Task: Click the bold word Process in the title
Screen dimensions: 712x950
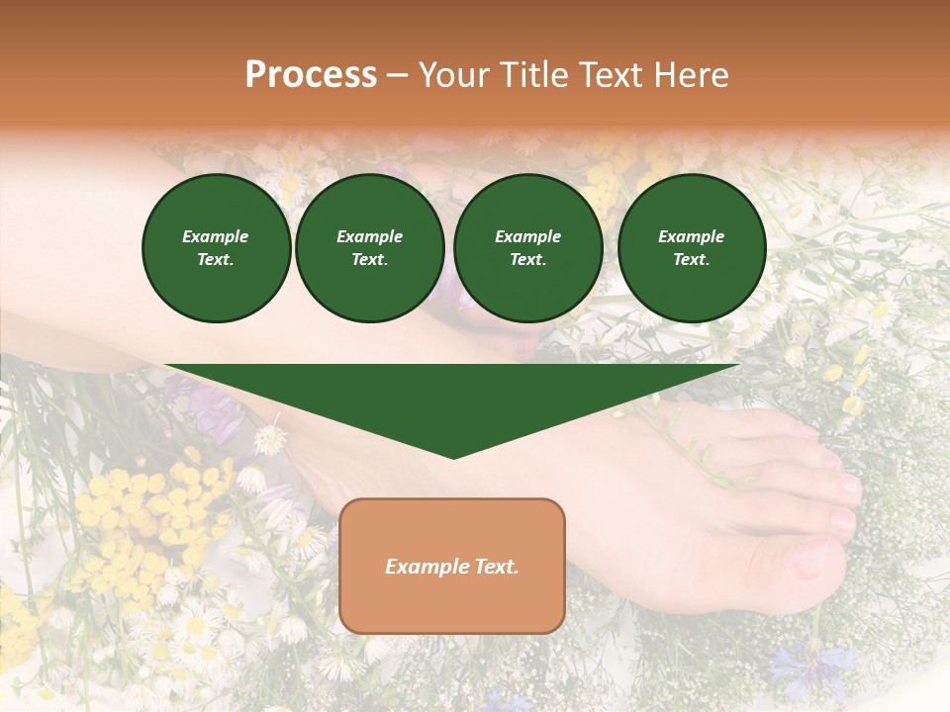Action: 311,75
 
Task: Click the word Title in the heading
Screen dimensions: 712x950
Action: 535,75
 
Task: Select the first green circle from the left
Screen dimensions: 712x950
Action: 216,248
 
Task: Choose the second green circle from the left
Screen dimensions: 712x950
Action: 369,248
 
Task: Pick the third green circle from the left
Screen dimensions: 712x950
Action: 527,248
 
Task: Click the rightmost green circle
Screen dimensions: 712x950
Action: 691,248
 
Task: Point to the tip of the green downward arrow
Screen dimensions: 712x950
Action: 453,456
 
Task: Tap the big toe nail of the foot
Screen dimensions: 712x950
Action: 809,560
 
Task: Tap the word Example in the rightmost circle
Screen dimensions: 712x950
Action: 691,236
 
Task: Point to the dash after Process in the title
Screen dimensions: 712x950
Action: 398,75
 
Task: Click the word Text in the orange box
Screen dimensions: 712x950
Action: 495,567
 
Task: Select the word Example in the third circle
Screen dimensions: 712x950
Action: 527,236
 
